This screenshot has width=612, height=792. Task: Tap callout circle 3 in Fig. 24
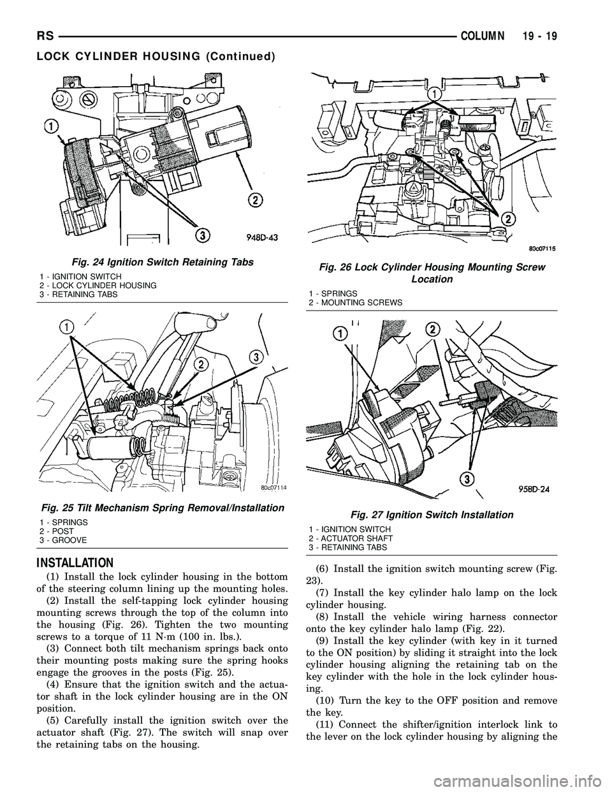[x=203, y=235]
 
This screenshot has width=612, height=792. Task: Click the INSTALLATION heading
[x=60, y=563]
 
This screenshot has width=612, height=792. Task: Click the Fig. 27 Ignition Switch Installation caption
[x=432, y=515]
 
